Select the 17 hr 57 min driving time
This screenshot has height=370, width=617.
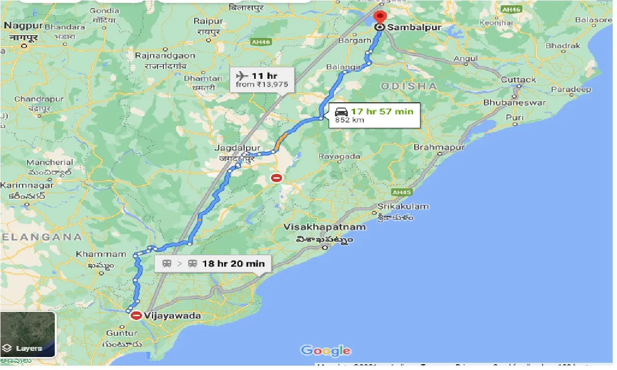(382, 111)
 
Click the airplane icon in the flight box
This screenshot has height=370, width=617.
(242, 75)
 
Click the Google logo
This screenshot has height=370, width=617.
(326, 351)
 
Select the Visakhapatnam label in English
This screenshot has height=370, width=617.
(325, 227)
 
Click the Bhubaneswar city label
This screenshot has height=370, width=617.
(515, 103)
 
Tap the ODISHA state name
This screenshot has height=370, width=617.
(409, 86)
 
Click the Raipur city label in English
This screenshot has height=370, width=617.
(208, 21)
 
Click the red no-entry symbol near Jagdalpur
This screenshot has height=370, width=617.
(277, 178)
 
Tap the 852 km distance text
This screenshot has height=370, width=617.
(349, 120)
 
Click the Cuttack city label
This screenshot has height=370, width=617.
(518, 80)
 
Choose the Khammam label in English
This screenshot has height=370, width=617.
(101, 254)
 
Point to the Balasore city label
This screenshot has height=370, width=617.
(593, 20)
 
